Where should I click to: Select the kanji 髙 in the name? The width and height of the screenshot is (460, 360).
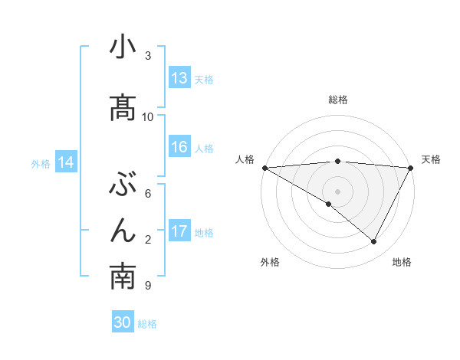(123, 107)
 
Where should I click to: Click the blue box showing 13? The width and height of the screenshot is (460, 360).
(179, 78)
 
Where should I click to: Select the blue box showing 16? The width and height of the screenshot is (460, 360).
(179, 148)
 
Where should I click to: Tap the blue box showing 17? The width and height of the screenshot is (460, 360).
(179, 231)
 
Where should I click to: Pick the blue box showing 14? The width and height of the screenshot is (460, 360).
(66, 162)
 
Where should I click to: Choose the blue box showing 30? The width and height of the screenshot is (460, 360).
(123, 322)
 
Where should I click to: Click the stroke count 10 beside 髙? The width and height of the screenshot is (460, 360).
(148, 116)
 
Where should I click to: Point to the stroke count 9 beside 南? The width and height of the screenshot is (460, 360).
(146, 286)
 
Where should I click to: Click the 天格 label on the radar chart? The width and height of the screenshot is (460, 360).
(432, 159)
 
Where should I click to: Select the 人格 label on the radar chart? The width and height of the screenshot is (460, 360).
(245, 159)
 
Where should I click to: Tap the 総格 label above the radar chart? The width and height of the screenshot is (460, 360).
(338, 100)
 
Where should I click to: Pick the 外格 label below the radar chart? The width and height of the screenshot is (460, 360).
(269, 262)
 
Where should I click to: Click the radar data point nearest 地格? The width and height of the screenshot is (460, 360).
(374, 241)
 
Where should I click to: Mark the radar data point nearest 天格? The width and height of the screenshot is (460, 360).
(411, 168)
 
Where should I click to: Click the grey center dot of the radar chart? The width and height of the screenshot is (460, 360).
(337, 191)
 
